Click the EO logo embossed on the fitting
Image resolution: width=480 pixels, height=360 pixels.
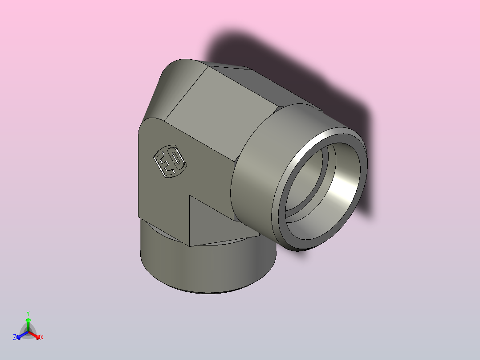tap(170, 161)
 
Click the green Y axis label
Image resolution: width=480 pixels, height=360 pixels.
tap(28, 313)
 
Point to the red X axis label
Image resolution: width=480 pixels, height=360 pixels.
tap(42, 337)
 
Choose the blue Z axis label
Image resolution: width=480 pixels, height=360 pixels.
tap(14, 337)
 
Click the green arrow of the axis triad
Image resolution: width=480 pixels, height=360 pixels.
tap(28, 324)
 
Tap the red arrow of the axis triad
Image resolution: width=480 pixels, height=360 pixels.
tap(35, 335)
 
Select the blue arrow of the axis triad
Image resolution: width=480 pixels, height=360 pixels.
tap(22, 335)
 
